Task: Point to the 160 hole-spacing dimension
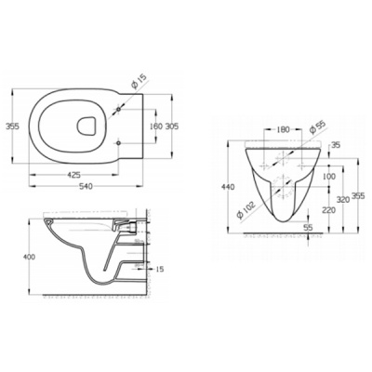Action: [154, 126]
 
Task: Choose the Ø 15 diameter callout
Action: [136, 86]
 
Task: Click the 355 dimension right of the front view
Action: [358, 196]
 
